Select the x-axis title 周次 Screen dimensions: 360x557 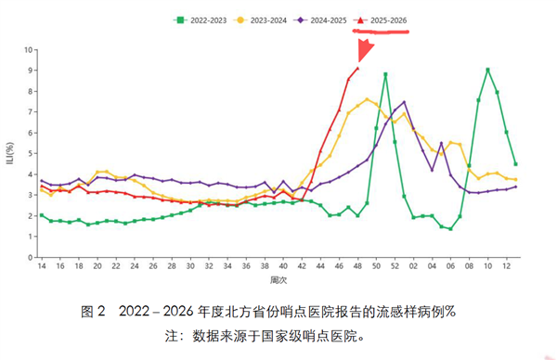coord(278,280)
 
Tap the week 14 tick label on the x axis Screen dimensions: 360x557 coord(42,266)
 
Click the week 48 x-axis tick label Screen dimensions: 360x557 coord(357,266)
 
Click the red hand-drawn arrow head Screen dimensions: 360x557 coord(364,50)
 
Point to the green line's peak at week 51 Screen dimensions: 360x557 coord(385,74)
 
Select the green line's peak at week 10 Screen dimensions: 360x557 coord(488,70)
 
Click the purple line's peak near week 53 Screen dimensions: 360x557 coord(404,102)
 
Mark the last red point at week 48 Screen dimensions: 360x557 coord(358,68)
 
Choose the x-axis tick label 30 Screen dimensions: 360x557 coord(190,266)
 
